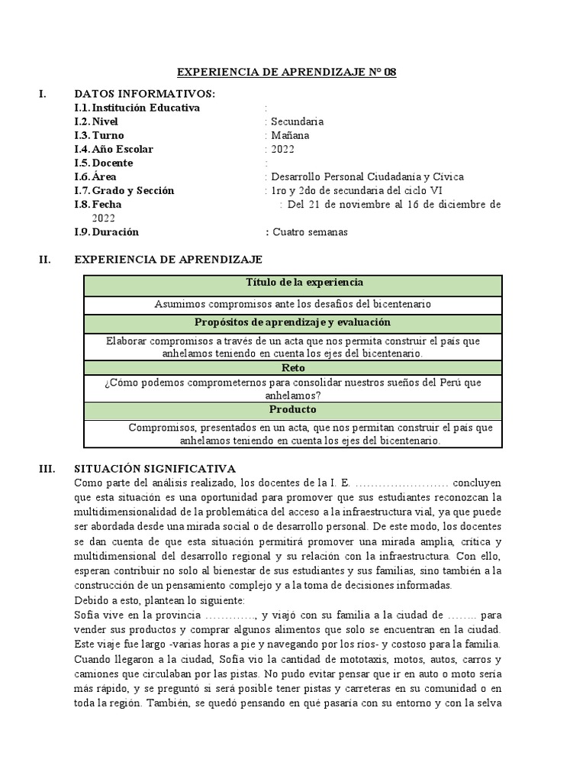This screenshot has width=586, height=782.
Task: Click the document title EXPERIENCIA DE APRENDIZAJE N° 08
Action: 287,73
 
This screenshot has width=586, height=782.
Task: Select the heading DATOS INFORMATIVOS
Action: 144,94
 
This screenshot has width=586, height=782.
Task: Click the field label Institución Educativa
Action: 146,108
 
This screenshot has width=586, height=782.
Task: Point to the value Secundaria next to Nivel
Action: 298,121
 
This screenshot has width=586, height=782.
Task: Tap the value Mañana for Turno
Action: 291,135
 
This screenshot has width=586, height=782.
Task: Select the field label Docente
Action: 112,163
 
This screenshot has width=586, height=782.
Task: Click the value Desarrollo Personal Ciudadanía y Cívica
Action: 367,176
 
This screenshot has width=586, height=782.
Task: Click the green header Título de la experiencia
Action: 293,283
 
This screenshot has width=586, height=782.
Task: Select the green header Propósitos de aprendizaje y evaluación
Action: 293,322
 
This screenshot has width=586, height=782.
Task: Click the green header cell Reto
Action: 293,367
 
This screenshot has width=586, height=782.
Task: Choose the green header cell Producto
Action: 293,410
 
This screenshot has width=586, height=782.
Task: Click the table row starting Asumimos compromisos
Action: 293,304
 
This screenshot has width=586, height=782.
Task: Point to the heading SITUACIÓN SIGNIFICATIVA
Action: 155,468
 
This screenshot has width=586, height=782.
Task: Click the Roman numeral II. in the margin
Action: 45,260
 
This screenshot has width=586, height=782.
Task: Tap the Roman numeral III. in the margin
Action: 47,468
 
